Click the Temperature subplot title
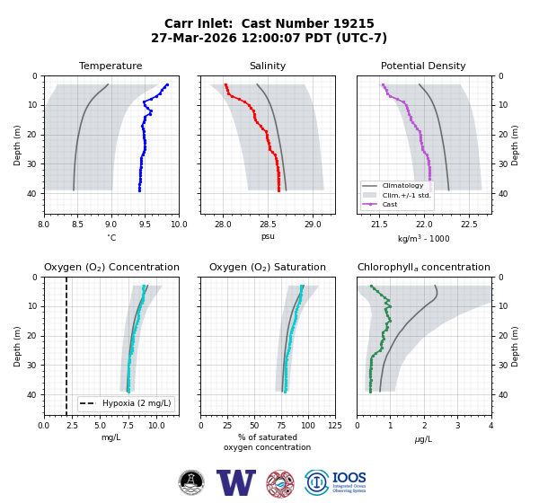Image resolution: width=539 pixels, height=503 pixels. tap(110, 66)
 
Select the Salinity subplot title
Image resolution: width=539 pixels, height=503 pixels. tap(268, 66)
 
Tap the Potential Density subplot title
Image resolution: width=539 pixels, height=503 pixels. tap(423, 66)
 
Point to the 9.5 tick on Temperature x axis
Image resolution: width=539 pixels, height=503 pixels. tap(145, 225)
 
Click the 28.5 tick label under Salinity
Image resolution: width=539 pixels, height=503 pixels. tap(268, 225)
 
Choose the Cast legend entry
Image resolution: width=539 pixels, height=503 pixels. tap(390, 204)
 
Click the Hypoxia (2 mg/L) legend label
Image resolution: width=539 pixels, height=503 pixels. tap(137, 403)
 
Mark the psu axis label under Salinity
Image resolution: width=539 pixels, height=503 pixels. tap(268, 236)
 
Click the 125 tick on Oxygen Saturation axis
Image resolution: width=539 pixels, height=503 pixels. tap(335, 426)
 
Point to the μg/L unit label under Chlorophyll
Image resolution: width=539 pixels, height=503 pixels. tap(423, 439)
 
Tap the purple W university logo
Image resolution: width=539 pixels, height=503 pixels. tap(236, 482)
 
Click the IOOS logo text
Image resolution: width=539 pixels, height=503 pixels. tap(349, 478)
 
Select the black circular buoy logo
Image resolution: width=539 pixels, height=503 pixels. tap(191, 482)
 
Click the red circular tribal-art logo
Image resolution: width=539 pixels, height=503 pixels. tap(280, 484)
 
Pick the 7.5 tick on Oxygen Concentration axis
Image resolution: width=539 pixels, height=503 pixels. tap(128, 426)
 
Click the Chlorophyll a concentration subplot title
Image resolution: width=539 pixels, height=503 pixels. tap(424, 267)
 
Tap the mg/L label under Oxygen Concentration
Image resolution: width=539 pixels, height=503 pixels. tap(111, 437)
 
